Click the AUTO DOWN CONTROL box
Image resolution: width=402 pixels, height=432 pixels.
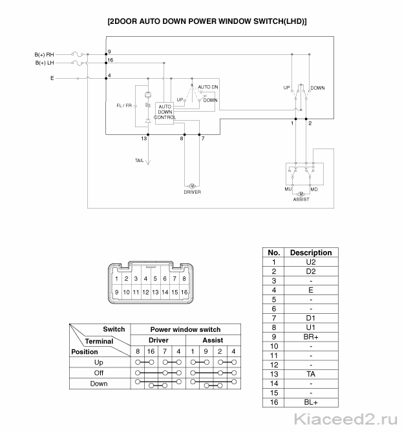point(165,113)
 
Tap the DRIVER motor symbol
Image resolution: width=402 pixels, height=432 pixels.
point(192,186)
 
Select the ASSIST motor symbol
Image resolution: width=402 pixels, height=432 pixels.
point(301,194)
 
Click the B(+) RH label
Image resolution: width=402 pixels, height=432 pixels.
point(44,54)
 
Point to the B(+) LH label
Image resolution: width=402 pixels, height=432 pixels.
point(45,63)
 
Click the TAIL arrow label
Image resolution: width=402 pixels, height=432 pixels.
point(139,160)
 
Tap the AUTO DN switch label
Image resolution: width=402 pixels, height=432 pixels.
point(208,87)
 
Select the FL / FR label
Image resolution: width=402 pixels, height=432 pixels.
point(124,105)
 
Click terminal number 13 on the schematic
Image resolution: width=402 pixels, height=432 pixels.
point(143,138)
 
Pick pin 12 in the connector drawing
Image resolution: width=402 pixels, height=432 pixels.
point(145,292)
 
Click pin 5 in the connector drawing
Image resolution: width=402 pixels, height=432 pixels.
point(155,278)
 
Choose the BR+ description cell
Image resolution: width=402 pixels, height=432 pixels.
point(311,336)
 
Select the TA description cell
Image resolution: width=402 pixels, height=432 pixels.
point(311,374)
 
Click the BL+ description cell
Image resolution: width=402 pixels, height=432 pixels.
point(311,402)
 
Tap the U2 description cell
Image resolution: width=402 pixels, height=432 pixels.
point(311,262)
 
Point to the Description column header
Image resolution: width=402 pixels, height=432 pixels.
point(311,252)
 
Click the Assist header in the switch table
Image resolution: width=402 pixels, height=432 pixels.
point(213,340)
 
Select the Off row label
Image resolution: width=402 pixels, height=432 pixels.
point(99,373)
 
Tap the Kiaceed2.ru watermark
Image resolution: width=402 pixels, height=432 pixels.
point(346,419)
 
